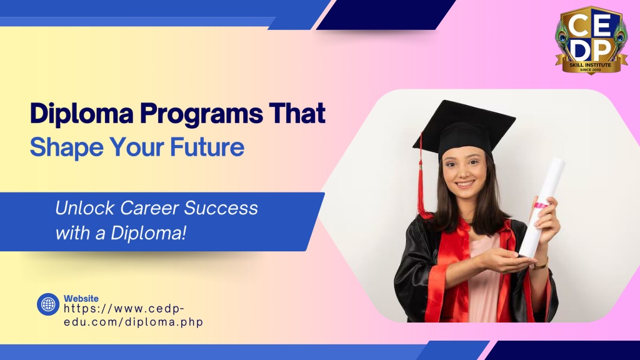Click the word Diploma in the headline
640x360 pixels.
[82, 114]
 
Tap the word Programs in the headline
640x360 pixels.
[201, 114]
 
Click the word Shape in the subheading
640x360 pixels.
[66, 147]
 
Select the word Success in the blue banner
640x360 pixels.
[221, 207]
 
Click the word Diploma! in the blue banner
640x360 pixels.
[149, 233]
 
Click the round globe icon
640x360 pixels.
[48, 304]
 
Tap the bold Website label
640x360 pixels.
[81, 298]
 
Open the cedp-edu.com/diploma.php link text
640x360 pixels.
[134, 315]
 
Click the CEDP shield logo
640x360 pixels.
[591, 39]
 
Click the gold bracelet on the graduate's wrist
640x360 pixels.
[541, 264]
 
